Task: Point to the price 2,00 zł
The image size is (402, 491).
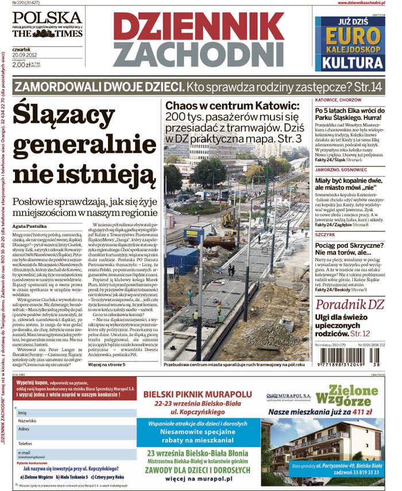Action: (21, 65)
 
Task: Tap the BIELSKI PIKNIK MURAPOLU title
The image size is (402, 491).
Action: (198, 394)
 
